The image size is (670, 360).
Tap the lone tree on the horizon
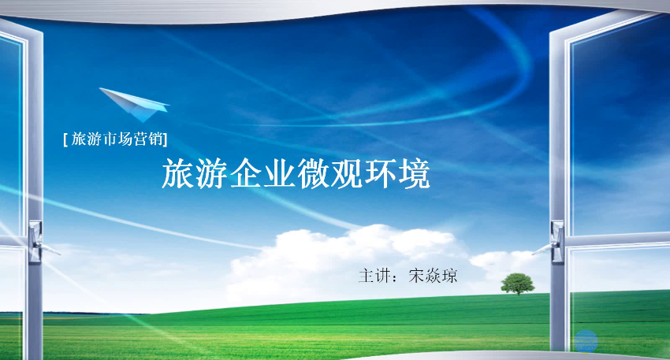click(x=517, y=284)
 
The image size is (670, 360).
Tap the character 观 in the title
click(x=347, y=174)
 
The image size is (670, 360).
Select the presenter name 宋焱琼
click(x=433, y=276)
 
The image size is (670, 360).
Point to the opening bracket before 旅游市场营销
click(x=65, y=139)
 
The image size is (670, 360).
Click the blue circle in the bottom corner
click(x=586, y=340)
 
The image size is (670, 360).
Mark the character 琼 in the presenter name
click(x=449, y=276)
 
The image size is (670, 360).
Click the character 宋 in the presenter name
click(x=417, y=276)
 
